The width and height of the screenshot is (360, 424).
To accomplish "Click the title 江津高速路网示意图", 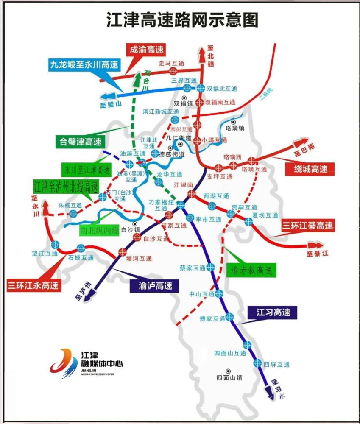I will (182, 20).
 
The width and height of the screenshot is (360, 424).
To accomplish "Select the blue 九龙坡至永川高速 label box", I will (84, 65).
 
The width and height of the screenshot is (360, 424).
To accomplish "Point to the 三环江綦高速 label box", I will (308, 226).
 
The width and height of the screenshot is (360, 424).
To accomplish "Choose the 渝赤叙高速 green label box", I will (251, 270).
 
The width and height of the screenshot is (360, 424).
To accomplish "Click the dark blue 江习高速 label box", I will (273, 312).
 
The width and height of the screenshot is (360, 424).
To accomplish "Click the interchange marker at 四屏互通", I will (257, 363).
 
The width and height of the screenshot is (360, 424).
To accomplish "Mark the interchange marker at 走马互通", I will (173, 71).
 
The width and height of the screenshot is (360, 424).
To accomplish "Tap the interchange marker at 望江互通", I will (55, 245).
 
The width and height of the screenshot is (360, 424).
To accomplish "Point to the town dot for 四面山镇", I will (229, 371).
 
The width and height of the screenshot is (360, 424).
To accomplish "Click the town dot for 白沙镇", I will (135, 223).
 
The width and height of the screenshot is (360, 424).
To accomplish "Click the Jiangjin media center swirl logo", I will (64, 361).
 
